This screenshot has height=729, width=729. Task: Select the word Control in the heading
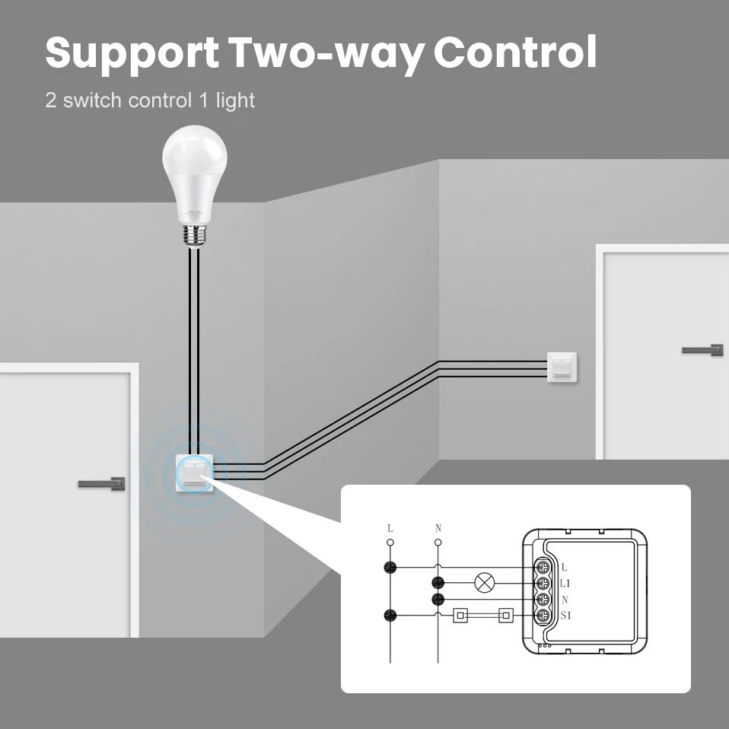(x=514, y=53)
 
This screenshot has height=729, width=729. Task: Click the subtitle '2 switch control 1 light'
(x=150, y=100)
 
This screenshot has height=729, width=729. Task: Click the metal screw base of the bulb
(x=194, y=234)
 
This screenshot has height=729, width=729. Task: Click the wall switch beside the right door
(x=562, y=366)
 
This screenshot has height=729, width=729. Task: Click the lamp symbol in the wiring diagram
(x=484, y=584)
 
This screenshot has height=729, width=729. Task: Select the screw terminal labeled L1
(x=543, y=584)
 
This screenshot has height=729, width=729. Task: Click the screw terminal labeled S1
(x=543, y=616)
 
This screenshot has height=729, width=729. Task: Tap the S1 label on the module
(x=566, y=615)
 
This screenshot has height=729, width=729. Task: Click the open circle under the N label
(x=438, y=543)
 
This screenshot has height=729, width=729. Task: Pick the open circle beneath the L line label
(x=390, y=543)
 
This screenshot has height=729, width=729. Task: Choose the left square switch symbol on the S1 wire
(x=460, y=616)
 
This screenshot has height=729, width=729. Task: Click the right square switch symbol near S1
(x=505, y=616)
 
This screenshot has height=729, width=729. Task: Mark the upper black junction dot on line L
(x=390, y=567)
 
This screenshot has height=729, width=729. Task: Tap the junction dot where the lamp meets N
(x=438, y=584)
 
